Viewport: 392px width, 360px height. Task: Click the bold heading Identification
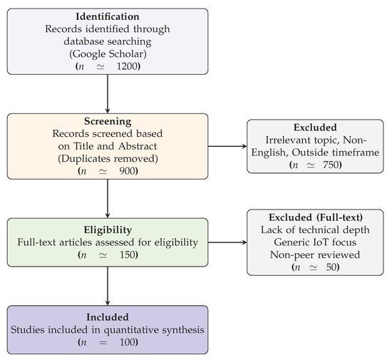pyautogui.click(x=108, y=16)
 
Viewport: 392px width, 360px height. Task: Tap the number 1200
pyautogui.click(x=127, y=66)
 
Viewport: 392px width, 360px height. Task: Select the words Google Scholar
pyautogui.click(x=108, y=54)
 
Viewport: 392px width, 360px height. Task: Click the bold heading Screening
pyautogui.click(x=108, y=121)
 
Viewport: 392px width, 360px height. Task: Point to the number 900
pyautogui.click(x=127, y=171)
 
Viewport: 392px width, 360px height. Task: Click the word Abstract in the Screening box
pyautogui.click(x=138, y=146)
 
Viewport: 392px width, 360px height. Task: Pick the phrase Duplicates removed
pyautogui.click(x=108, y=158)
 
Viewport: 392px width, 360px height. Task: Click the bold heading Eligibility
pyautogui.click(x=108, y=230)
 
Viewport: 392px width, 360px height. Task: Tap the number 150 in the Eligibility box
pyautogui.click(x=128, y=254)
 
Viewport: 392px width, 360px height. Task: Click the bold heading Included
pyautogui.click(x=108, y=317)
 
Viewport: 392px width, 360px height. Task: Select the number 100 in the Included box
pyautogui.click(x=128, y=342)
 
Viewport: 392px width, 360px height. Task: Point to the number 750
pyautogui.click(x=331, y=165)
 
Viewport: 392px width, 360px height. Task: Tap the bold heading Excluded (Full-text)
pyautogui.click(x=316, y=217)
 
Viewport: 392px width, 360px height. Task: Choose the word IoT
pyautogui.click(x=321, y=242)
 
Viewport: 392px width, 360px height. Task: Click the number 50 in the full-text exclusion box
pyautogui.click(x=331, y=267)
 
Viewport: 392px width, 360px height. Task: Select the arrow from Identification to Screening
pyautogui.click(x=108, y=94)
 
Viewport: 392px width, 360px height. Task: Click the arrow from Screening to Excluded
pyautogui.click(x=227, y=146)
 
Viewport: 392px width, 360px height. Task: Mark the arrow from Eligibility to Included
pyautogui.click(x=108, y=286)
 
